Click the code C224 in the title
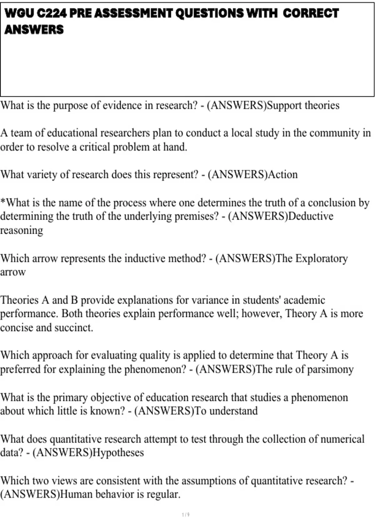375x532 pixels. (x=51, y=13)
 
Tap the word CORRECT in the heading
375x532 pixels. (x=311, y=13)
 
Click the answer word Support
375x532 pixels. (x=284, y=105)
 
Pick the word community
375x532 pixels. (x=334, y=133)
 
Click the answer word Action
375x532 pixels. (x=283, y=174)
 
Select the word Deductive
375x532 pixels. (x=311, y=216)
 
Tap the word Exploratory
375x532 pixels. (x=322, y=258)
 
